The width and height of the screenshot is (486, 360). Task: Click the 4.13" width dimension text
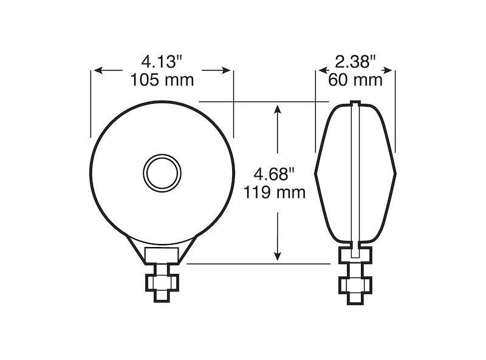(162, 62)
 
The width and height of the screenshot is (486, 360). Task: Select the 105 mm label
(162, 80)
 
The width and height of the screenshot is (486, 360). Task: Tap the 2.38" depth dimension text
(355, 62)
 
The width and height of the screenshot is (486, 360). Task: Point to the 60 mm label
(355, 80)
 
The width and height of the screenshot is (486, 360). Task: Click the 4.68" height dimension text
(275, 175)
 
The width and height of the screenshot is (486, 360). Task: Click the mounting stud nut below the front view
(161, 282)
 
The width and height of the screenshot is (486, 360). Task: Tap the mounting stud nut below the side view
(356, 284)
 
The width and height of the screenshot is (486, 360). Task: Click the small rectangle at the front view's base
(161, 254)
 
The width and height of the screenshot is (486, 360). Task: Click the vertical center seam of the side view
(356, 176)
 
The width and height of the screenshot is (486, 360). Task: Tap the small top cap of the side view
(356, 102)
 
